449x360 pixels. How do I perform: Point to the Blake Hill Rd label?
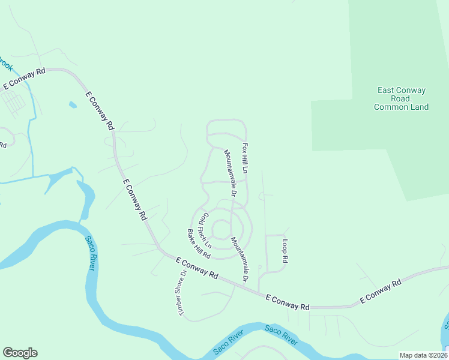coord(199,244)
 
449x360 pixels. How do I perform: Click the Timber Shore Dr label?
coord(181,292)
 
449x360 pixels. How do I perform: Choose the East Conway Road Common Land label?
coord(401,99)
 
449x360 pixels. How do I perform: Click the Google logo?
coord(20,353)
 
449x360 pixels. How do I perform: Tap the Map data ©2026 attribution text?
coord(423,355)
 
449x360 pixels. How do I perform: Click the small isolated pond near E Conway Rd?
coord(73,105)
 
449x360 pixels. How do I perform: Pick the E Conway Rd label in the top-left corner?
coord(25,79)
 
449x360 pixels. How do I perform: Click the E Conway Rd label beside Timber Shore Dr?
coord(197,268)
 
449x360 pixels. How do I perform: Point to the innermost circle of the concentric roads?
coord(221,229)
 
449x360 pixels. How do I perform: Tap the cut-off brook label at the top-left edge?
coord(5,63)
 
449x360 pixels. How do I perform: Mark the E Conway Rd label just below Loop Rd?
coord(288,302)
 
